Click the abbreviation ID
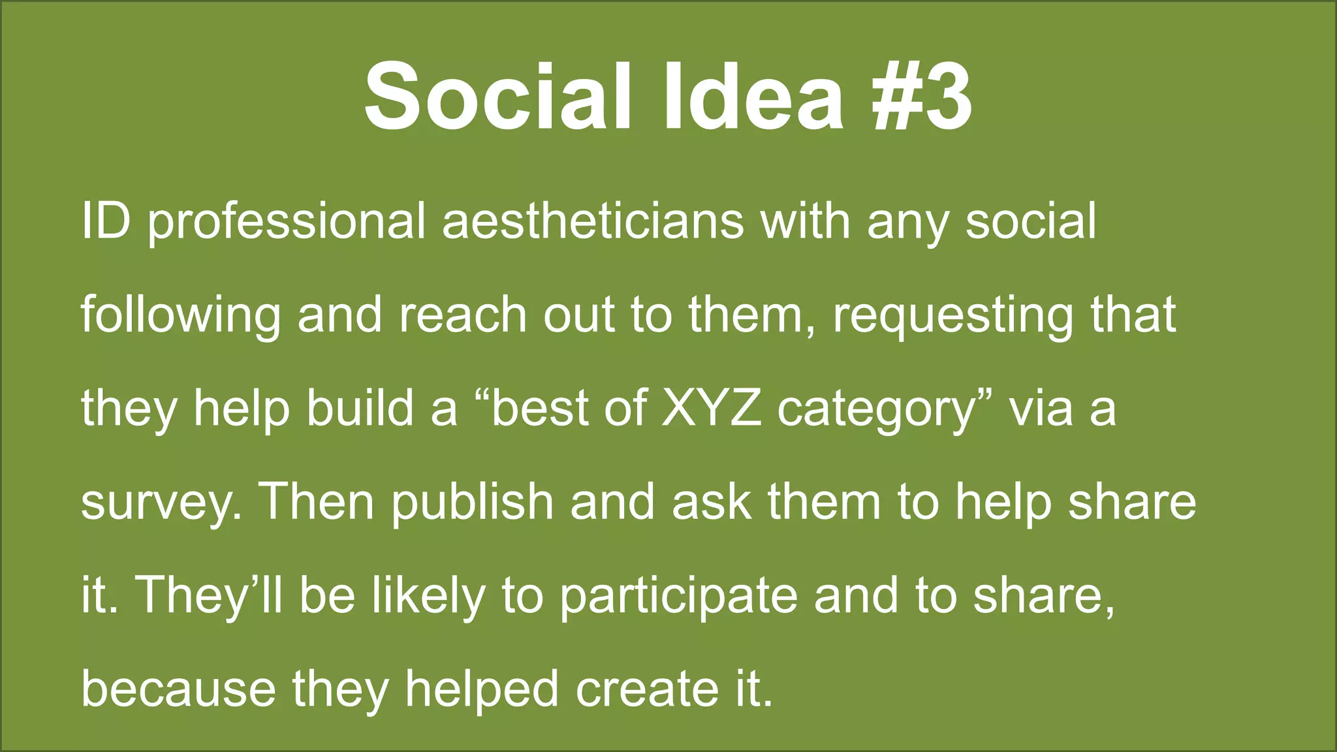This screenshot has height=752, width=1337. click(x=105, y=222)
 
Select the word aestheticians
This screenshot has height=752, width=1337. click(x=593, y=222)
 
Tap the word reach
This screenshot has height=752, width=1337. click(x=462, y=315)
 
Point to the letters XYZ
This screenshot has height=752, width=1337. click(x=711, y=409)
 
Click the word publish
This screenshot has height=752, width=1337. click(x=472, y=503)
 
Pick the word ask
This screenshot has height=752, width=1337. click(x=711, y=502)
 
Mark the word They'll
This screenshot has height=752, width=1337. click(x=209, y=595)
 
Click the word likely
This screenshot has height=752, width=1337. click(x=428, y=597)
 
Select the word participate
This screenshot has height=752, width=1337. click(x=678, y=597)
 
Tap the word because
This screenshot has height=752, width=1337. click(x=178, y=689)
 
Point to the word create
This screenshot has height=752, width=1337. click(x=646, y=689)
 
